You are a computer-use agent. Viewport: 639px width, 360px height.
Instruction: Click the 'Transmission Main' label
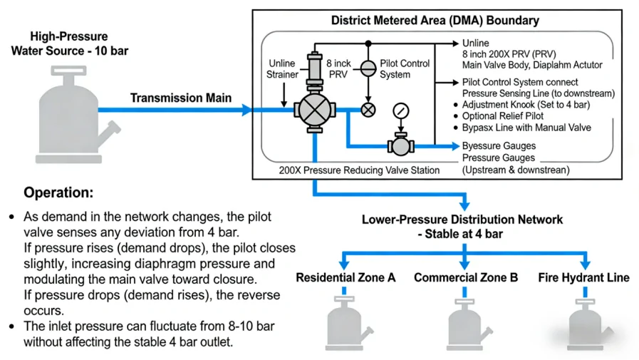point(181,98)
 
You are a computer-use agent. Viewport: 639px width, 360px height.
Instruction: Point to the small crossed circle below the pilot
point(368,110)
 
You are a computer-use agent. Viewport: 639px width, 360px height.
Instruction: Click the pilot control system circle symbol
point(368,68)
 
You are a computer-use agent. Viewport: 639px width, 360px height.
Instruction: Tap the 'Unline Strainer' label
point(282,69)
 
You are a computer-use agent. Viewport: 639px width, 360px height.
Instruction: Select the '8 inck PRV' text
point(338,68)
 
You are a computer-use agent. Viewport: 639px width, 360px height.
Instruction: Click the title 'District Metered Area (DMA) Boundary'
point(435,21)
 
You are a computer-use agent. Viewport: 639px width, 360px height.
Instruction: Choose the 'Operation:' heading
point(58,193)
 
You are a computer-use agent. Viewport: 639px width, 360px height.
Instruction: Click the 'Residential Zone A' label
point(346,277)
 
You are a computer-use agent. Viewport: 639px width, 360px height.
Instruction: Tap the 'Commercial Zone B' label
point(466,277)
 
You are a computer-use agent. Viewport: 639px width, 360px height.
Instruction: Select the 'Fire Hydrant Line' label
point(583,277)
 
